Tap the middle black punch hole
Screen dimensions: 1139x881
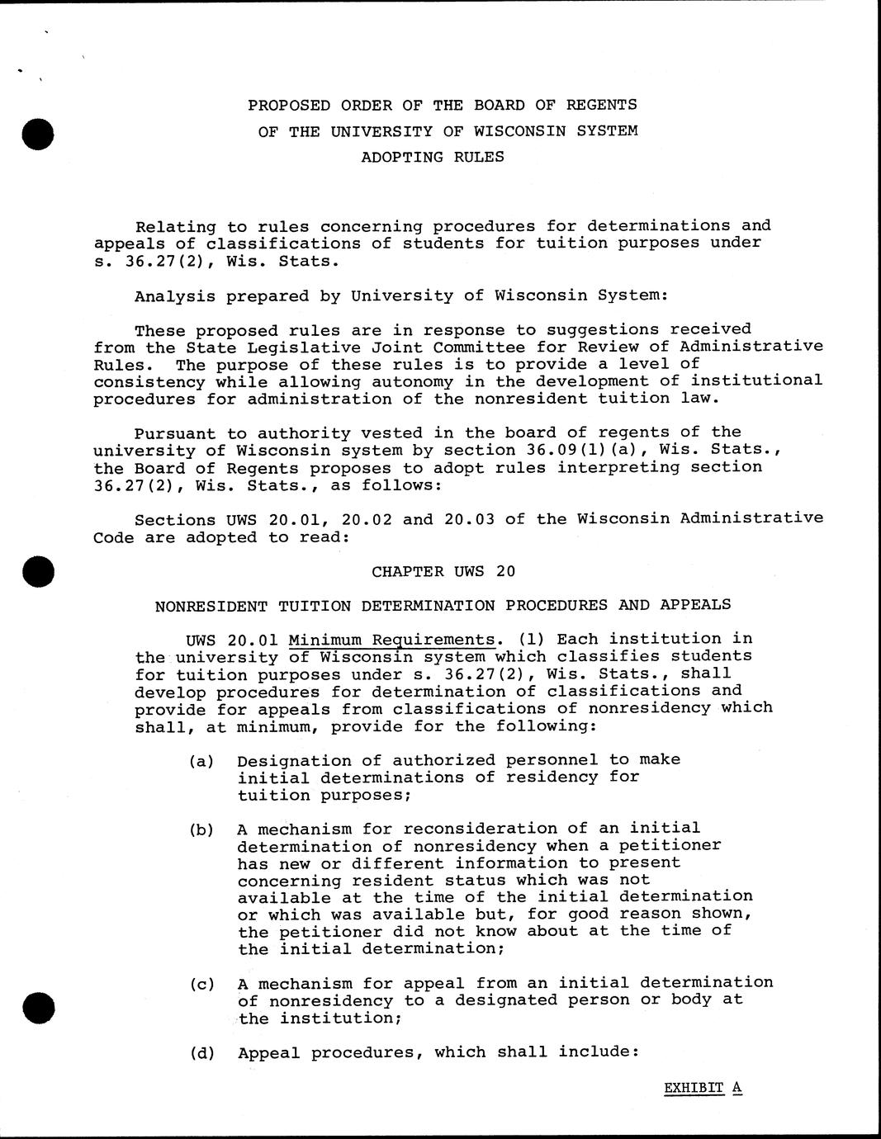click(39, 571)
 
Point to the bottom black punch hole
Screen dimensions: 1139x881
click(39, 1008)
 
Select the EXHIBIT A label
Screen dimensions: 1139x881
click(703, 1088)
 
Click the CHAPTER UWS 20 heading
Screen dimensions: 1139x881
click(443, 571)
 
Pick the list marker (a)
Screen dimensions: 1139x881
click(201, 761)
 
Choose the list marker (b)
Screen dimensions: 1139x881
click(201, 829)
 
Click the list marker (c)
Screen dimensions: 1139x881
click(201, 984)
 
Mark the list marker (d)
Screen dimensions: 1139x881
click(201, 1052)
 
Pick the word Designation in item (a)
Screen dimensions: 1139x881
click(289, 760)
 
